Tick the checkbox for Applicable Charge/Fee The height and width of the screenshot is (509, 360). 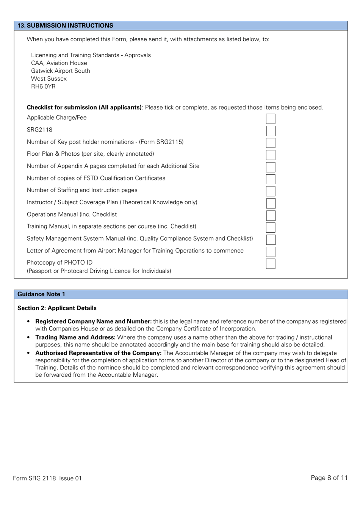click(271, 119)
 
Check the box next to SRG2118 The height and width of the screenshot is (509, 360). click(271, 131)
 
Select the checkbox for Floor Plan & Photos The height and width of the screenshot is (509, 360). click(271, 155)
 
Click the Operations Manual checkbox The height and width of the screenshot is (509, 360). click(271, 215)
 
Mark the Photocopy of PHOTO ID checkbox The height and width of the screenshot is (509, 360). click(271, 264)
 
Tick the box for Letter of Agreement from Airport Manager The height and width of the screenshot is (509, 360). click(271, 252)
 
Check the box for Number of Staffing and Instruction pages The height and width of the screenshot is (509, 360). click(271, 191)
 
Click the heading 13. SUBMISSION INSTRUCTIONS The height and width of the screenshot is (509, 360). click(65, 25)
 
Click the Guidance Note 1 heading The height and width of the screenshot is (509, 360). click(41, 294)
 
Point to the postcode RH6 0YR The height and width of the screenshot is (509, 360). click(43, 86)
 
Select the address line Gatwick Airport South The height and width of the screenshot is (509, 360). click(61, 71)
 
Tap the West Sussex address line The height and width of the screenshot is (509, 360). click(49, 79)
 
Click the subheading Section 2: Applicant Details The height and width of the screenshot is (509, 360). click(57, 308)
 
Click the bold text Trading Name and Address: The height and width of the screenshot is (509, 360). click(75, 337)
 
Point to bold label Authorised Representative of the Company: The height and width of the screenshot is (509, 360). click(99, 353)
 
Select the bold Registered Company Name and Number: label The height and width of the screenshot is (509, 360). click(94, 321)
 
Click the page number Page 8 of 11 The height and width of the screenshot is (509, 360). click(329, 478)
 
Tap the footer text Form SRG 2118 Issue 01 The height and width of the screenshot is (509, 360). click(47, 478)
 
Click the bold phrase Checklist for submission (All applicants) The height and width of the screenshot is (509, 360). click(84, 107)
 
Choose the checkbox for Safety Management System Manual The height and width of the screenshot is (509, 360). click(271, 240)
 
